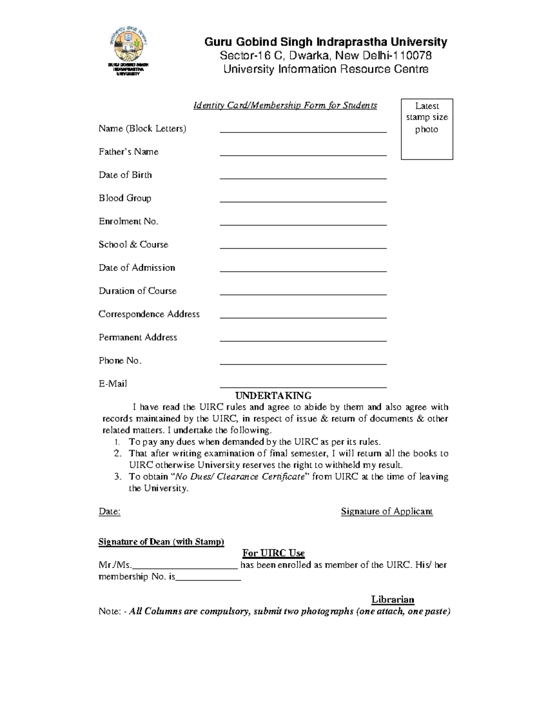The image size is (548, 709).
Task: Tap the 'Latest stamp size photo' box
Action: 427,129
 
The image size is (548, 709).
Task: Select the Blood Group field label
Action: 125,198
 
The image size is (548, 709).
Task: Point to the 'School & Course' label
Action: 133,245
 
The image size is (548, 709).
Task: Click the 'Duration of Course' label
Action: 137,291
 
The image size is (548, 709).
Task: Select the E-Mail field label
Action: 113,384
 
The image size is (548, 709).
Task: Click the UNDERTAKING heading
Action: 273,395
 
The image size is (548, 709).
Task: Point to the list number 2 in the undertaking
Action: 117,454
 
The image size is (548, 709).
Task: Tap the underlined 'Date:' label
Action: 110,512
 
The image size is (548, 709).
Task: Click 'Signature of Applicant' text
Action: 387,512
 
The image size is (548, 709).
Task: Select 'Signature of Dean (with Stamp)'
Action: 161,542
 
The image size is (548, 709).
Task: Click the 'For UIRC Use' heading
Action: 273,553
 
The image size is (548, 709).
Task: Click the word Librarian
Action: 392,600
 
